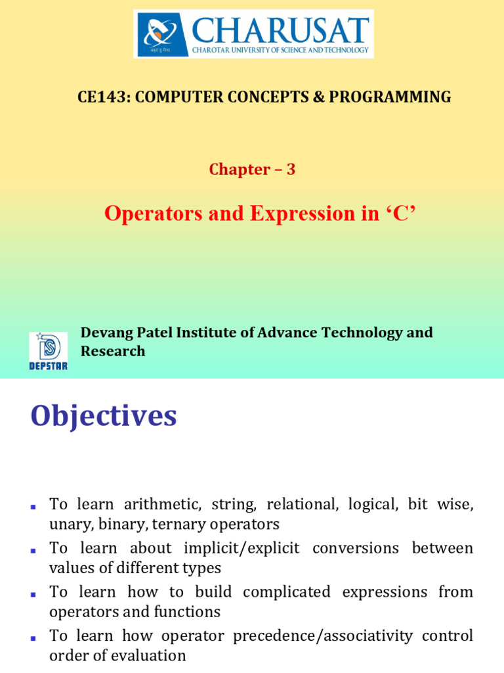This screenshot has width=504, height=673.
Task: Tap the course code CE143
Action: (x=95, y=97)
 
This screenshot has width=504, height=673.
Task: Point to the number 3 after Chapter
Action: (x=291, y=170)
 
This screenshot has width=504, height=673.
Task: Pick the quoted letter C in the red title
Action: (x=404, y=214)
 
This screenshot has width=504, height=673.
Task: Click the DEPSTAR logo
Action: (x=48, y=351)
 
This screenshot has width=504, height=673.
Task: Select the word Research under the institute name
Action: (x=113, y=351)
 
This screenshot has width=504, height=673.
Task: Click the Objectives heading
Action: (x=104, y=417)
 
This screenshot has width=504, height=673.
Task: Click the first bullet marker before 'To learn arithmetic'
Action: (x=33, y=506)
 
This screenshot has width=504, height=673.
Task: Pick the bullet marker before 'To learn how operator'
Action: (x=33, y=637)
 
